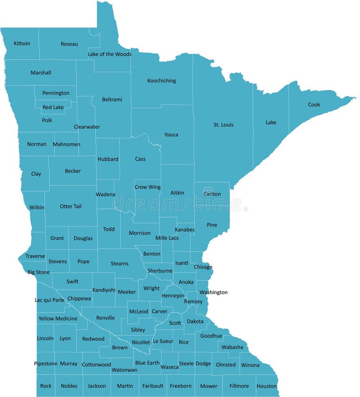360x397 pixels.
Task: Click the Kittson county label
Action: pos(22,44)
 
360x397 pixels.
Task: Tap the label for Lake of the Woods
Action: pos(109,54)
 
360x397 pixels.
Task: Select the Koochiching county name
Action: pos(162,81)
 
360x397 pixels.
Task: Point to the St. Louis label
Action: pos(223,125)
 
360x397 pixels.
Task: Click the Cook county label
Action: pos(314,105)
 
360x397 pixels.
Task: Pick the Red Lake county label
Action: pos(53,107)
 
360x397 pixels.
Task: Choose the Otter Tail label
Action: pos(71,206)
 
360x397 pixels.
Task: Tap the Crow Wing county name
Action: pos(148,187)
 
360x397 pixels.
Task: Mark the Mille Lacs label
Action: pos(167,238)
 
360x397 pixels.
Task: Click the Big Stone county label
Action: pos(39,272)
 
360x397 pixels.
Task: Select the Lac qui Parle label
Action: pos(49,300)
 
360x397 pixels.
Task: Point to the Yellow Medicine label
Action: pos(58,319)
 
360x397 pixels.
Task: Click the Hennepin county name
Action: pos(173,296)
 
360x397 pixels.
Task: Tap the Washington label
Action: pos(214,292)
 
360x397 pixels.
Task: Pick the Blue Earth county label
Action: pos(147,363)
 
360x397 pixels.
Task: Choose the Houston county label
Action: pos(266,386)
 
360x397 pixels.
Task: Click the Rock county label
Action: pos(46,386)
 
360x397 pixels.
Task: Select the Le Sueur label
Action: pos(163,341)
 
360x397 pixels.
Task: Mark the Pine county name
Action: pos(212,225)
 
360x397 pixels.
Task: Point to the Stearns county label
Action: pos(120,263)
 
